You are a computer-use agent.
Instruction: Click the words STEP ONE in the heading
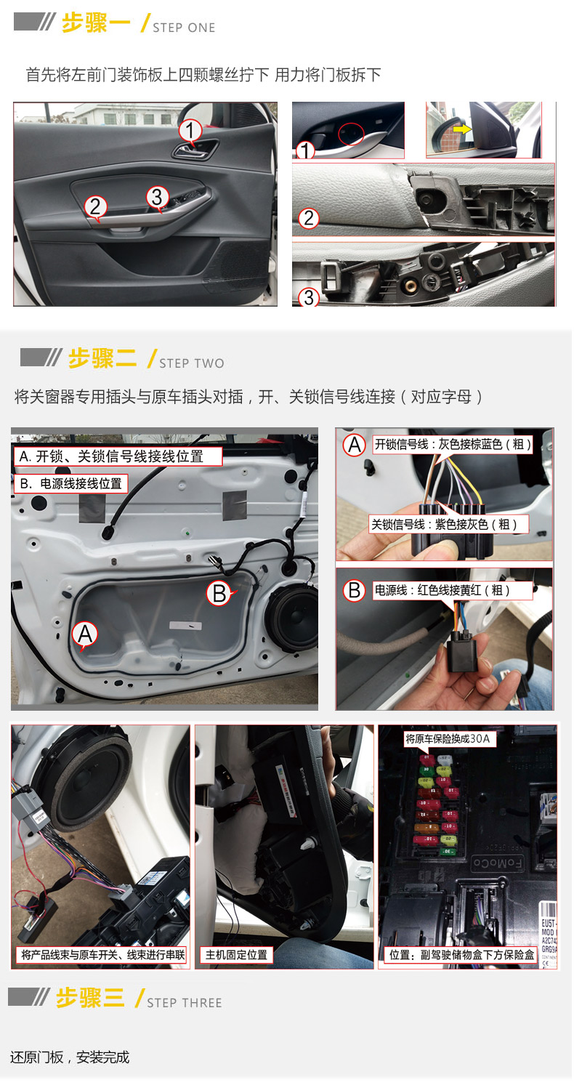tap(184, 28)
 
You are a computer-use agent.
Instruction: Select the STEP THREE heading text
tap(184, 1003)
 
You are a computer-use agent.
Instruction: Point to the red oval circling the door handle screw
tap(352, 133)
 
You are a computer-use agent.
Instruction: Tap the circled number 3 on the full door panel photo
tap(158, 196)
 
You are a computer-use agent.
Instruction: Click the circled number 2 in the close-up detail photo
tap(309, 217)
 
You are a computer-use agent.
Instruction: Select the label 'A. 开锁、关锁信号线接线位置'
tap(118, 456)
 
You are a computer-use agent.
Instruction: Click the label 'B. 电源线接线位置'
tap(71, 483)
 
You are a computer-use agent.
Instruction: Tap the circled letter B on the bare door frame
tap(219, 593)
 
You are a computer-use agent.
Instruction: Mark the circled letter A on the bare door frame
tap(85, 634)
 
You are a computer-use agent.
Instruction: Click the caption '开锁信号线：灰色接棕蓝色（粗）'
tap(452, 444)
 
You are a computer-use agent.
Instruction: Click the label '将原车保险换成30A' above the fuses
tap(448, 739)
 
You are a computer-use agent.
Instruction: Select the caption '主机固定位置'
tap(237, 954)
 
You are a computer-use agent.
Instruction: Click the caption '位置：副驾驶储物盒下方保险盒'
tap(461, 954)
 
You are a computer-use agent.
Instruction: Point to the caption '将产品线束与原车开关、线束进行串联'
tap(102, 954)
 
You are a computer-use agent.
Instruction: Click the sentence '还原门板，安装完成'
tap(70, 1057)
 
